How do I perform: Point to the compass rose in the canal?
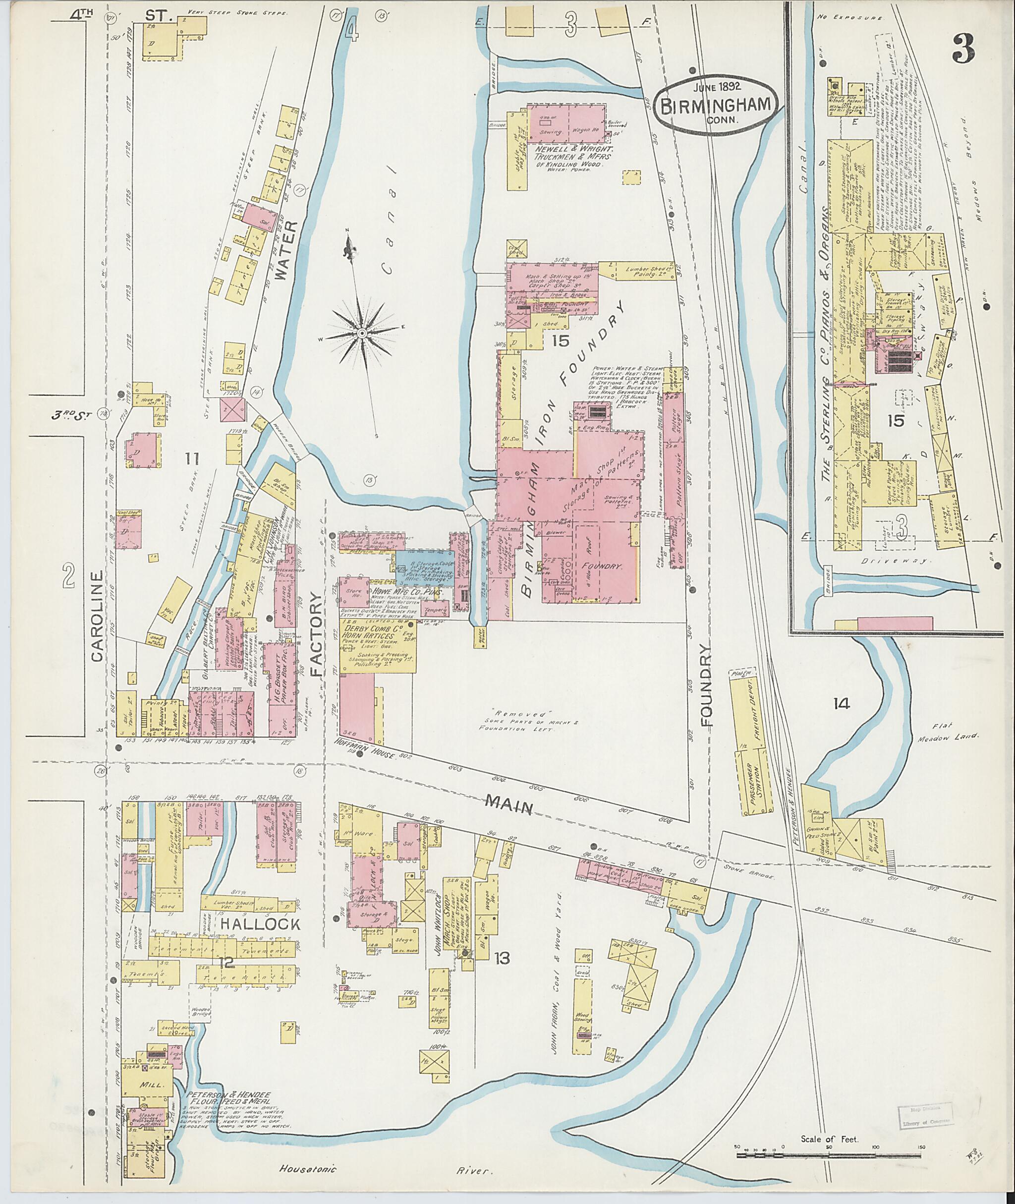(x=362, y=333)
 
